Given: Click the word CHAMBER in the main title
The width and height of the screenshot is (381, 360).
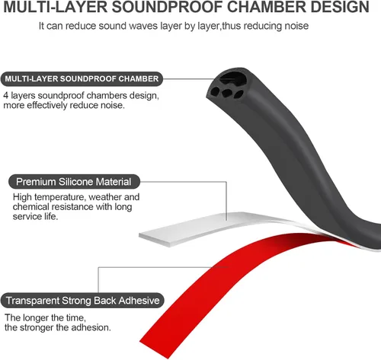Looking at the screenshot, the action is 267,7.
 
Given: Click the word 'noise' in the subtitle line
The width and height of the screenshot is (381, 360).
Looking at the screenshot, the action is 296,26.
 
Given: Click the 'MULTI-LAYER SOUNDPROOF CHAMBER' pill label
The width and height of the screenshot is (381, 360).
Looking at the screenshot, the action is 82,79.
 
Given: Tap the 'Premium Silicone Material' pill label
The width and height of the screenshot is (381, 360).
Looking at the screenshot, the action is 74,182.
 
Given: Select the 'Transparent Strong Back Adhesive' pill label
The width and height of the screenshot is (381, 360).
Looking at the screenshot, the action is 82,301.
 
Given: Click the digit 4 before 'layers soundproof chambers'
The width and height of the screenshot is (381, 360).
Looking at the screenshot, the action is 5,96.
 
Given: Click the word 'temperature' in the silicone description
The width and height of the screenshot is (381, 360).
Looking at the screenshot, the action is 60,197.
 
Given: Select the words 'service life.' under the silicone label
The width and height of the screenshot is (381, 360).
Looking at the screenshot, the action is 35,216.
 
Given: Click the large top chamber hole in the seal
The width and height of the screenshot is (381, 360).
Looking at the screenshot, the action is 232,78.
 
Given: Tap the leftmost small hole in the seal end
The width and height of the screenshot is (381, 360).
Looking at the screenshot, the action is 216,91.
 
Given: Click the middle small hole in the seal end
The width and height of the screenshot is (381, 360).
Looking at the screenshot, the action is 227,92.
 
